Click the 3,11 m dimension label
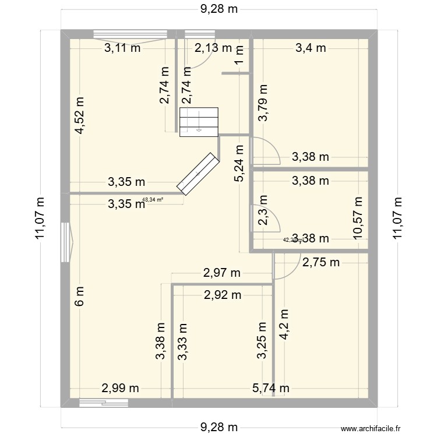click(x=122, y=48)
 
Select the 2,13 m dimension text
click(x=213, y=48)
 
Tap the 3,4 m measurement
click(x=311, y=48)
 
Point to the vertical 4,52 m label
click(x=79, y=115)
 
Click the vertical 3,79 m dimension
click(x=263, y=103)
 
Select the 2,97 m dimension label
click(x=221, y=273)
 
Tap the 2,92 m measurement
click(x=222, y=295)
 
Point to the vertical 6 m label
click(x=79, y=297)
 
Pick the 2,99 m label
click(x=121, y=388)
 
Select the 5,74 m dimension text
click(x=271, y=388)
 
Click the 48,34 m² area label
click(x=153, y=199)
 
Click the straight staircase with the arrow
click(x=199, y=122)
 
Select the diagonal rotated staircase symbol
click(x=198, y=173)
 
